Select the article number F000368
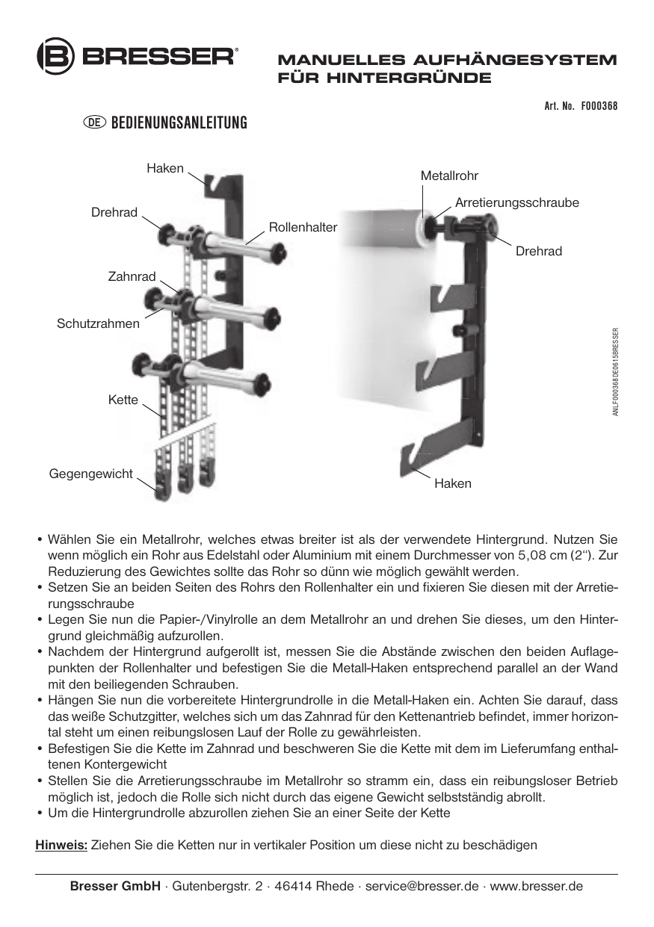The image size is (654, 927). point(599,106)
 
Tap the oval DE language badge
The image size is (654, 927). point(95,122)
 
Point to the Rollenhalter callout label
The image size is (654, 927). point(303,226)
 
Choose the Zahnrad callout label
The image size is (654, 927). point(132,277)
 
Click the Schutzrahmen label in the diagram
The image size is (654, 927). point(98,323)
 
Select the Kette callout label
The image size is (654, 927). point(123,400)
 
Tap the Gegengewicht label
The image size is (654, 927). point(90,474)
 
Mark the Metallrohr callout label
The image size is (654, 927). point(448,176)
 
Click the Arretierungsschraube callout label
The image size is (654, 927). point(517,202)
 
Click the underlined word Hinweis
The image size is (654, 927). point(62,845)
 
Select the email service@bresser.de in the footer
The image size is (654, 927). point(422,887)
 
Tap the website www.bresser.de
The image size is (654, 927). point(536,887)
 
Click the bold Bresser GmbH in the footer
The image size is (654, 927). point(114,887)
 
